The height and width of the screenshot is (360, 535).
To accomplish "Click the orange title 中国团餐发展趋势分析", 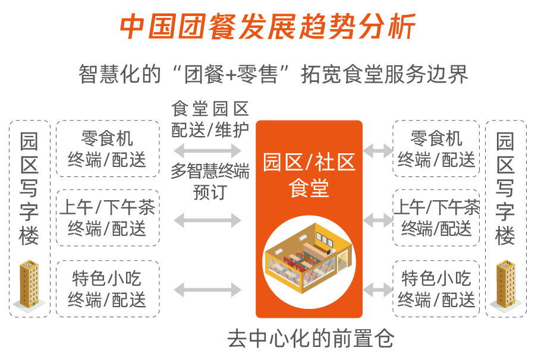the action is pyautogui.click(x=267, y=27).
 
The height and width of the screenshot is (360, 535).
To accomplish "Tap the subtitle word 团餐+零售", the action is pyautogui.click(x=231, y=74).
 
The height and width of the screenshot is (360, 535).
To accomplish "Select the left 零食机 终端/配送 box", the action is pyautogui.click(x=108, y=149).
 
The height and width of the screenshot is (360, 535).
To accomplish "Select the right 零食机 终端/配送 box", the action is pyautogui.click(x=436, y=149).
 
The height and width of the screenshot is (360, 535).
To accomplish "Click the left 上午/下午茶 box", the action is pyautogui.click(x=108, y=218).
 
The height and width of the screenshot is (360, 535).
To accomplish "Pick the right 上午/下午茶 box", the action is pyautogui.click(x=436, y=218).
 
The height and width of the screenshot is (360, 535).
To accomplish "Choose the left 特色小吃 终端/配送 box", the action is pyautogui.click(x=108, y=289).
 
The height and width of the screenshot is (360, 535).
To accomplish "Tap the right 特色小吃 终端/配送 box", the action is pyautogui.click(x=436, y=289).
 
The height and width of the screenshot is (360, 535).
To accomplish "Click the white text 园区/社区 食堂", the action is pyautogui.click(x=309, y=175).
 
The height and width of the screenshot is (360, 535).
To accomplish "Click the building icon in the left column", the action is pyautogui.click(x=29, y=285).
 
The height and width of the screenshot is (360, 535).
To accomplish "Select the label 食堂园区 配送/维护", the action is pyautogui.click(x=210, y=119).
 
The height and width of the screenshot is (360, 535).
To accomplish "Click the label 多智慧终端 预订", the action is pyautogui.click(x=210, y=181).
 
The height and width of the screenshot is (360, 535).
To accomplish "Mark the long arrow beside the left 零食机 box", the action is pyautogui.click(x=207, y=150).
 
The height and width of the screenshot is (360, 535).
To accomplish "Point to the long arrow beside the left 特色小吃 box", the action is pyautogui.click(x=207, y=290).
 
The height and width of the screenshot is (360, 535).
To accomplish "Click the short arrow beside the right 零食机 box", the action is pyautogui.click(x=377, y=150).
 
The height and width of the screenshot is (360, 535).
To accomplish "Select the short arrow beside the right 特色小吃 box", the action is pyautogui.click(x=377, y=290).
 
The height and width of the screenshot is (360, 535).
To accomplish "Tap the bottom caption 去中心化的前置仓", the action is pyautogui.click(x=310, y=339).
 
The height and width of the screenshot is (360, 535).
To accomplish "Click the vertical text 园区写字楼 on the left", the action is pyautogui.click(x=29, y=188).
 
